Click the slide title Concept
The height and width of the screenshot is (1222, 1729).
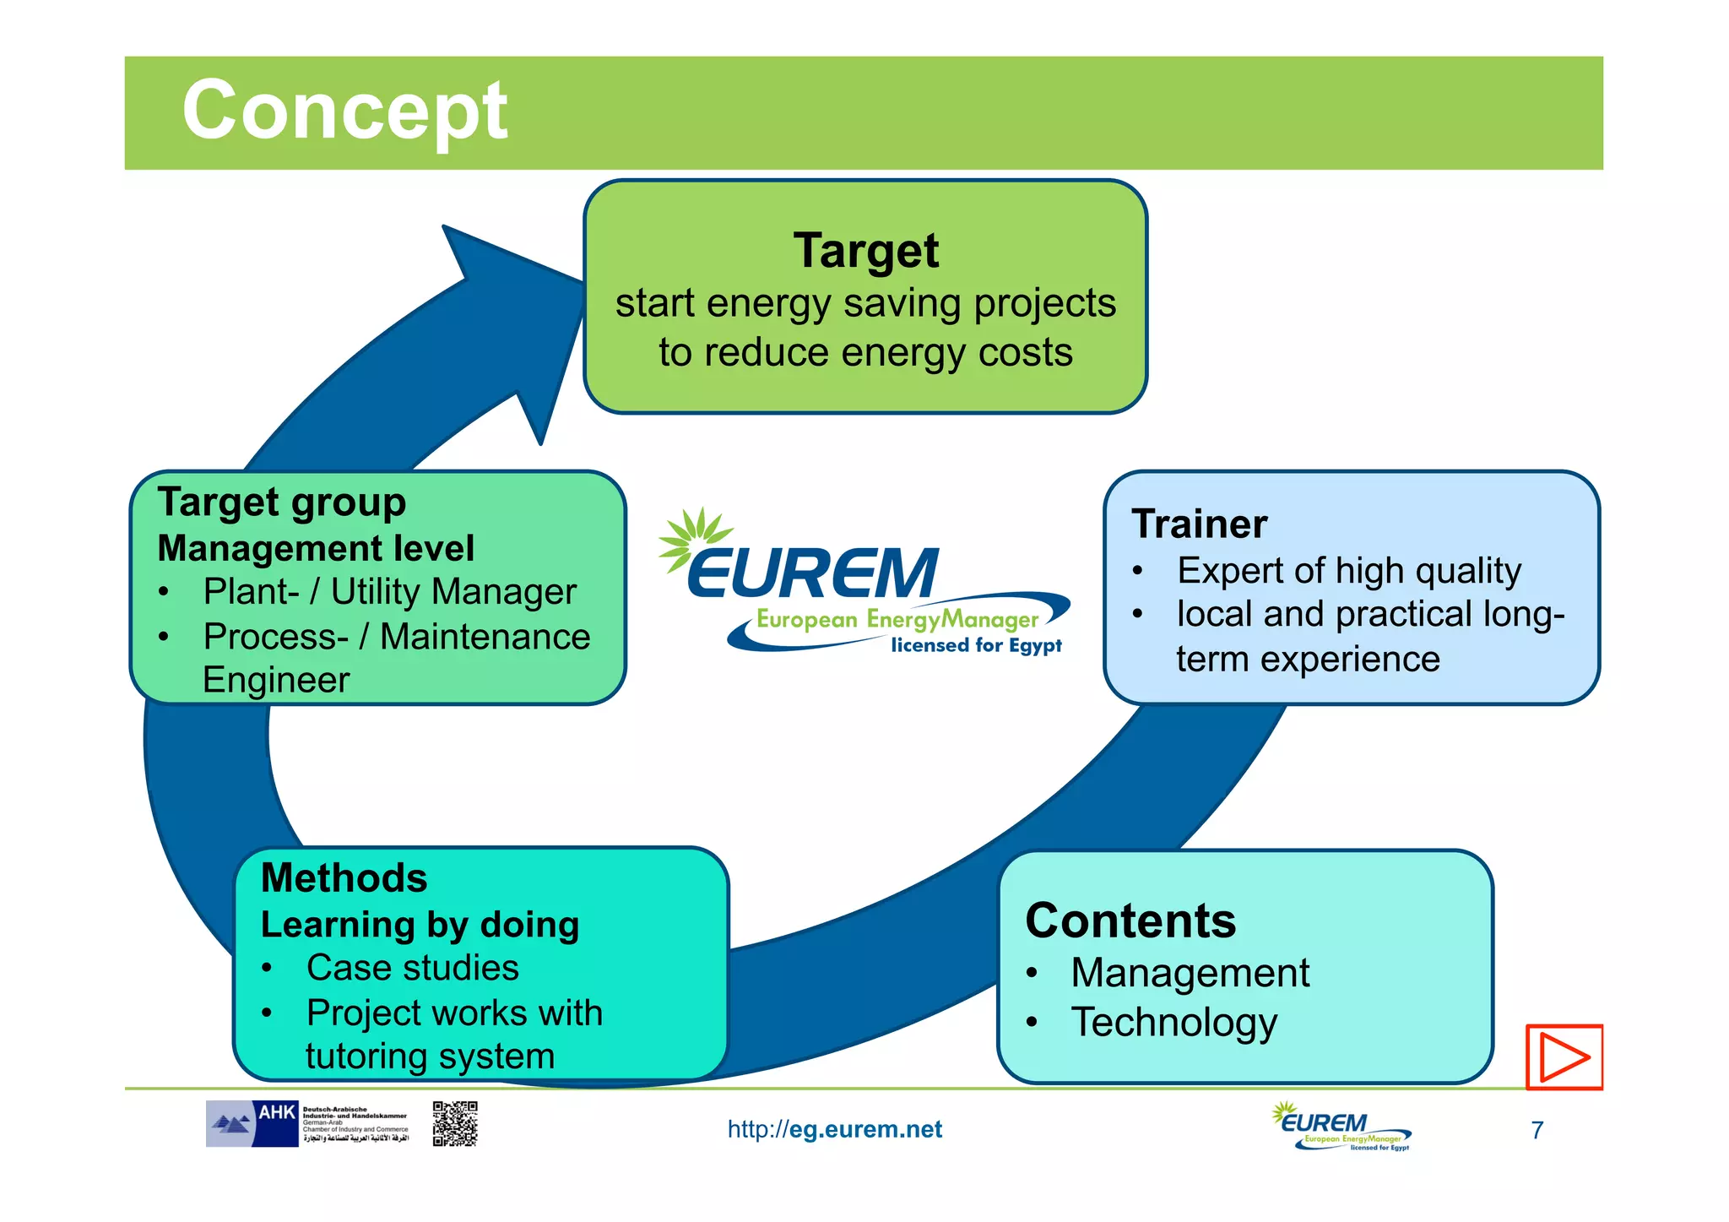344,111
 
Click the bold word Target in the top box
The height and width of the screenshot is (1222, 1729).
865,251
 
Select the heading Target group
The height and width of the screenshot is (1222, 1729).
282,502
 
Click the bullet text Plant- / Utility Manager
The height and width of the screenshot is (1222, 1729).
389,592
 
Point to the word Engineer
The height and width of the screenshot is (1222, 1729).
276,680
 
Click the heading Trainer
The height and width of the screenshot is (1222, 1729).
1199,524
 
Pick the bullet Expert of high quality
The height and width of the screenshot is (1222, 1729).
1348,571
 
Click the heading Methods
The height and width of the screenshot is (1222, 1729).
344,877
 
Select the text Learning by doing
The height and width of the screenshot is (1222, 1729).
420,925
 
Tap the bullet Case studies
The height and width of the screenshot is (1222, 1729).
412,968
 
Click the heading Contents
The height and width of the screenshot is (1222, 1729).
1130,921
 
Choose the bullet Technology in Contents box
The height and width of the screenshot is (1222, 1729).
1173,1022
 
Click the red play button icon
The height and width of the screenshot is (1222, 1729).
1564,1056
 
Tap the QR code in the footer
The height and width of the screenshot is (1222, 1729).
455,1123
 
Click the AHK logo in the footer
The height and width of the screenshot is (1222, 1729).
253,1123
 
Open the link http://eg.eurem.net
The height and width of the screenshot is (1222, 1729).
834,1129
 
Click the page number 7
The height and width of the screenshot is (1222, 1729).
1537,1130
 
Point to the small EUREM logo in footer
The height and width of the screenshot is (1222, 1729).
1341,1127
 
